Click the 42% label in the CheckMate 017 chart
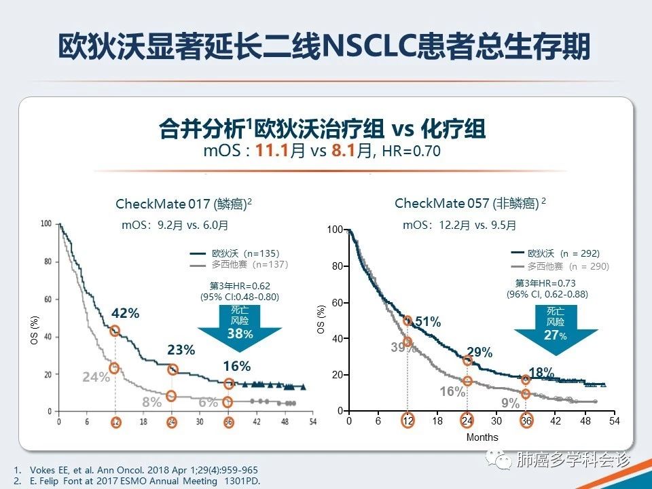click(125, 313)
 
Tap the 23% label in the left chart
click(181, 350)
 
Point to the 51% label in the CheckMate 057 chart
click(428, 323)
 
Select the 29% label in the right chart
click(479, 352)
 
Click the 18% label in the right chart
click(541, 372)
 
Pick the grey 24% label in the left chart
click(96, 377)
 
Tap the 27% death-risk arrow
click(556, 324)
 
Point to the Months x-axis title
click(482, 437)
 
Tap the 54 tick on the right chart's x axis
click(614, 422)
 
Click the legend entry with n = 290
click(568, 266)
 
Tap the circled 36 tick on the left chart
click(228, 422)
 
